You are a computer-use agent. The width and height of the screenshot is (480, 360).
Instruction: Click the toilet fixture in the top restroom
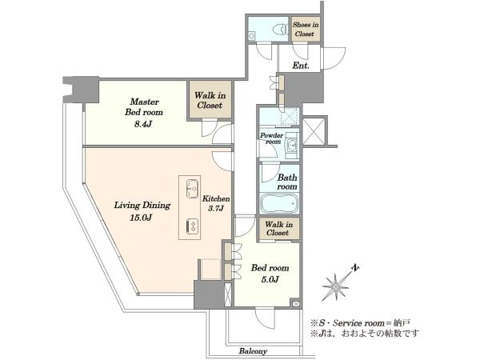282,30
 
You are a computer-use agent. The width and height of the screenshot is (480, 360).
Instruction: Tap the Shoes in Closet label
306,30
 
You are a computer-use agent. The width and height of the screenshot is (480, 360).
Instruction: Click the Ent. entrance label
301,66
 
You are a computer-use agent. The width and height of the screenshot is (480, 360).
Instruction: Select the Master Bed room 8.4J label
143,112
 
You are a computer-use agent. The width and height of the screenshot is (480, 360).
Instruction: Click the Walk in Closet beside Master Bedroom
210,100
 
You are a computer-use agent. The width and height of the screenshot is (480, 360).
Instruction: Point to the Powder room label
271,138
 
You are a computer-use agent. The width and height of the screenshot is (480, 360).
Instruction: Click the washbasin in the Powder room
292,144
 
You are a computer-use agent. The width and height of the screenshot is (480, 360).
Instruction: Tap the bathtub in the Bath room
279,202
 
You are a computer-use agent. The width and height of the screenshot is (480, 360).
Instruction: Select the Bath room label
287,182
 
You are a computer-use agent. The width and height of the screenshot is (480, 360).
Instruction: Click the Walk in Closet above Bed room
278,228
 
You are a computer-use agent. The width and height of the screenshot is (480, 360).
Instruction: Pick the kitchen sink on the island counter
192,189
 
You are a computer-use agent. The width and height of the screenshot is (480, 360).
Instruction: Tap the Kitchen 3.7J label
216,203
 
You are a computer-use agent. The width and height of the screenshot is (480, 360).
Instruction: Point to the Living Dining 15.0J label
142,211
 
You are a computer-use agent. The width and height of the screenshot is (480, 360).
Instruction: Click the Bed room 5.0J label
270,274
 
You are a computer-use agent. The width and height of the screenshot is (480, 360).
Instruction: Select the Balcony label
253,351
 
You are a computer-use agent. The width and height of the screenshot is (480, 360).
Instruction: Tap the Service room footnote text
360,323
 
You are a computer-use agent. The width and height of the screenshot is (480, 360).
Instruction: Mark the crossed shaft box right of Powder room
314,131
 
